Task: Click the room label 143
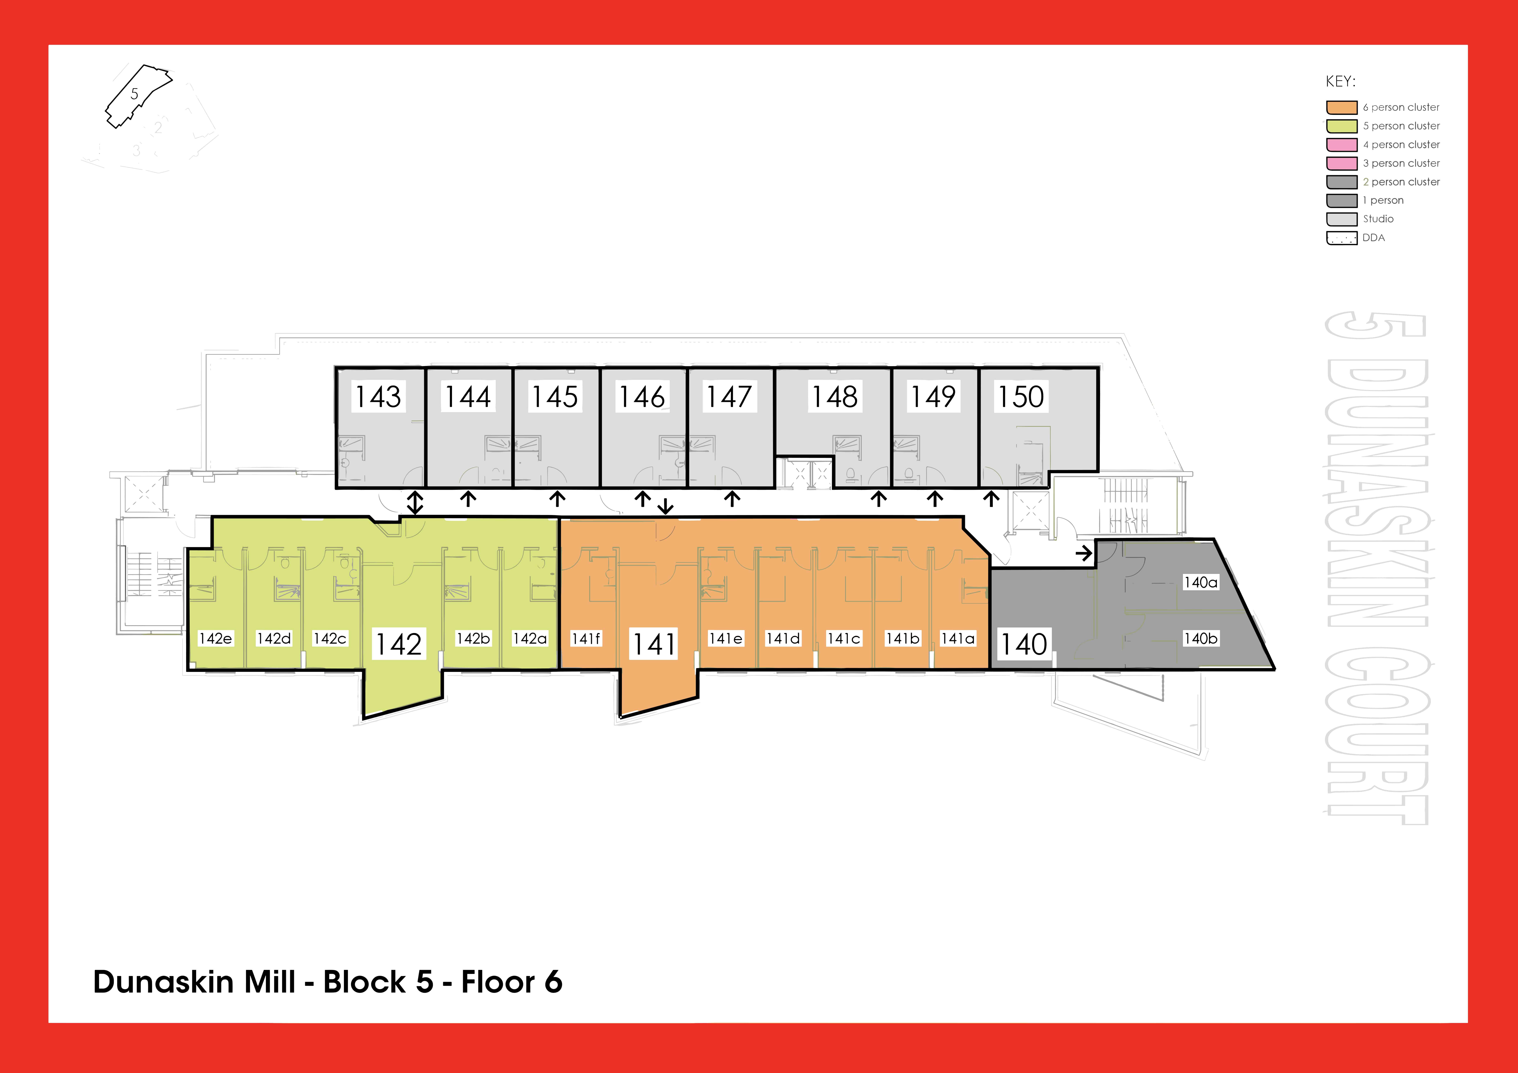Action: pyautogui.click(x=378, y=397)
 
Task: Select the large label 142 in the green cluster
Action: pyautogui.click(x=399, y=644)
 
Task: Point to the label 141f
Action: pyautogui.click(x=586, y=639)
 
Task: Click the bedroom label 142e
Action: pyautogui.click(x=216, y=639)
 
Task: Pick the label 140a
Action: pyautogui.click(x=1201, y=582)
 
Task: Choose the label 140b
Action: pyautogui.click(x=1201, y=639)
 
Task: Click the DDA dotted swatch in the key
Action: pyautogui.click(x=1341, y=238)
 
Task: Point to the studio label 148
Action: pyautogui.click(x=835, y=397)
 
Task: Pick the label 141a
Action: pyautogui.click(x=958, y=639)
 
